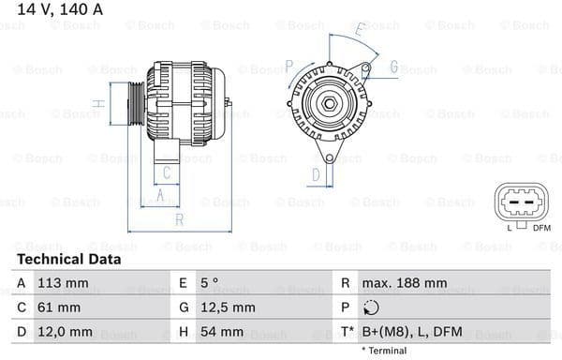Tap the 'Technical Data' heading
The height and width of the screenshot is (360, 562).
[x=68, y=260]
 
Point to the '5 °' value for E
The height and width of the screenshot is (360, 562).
[x=211, y=282]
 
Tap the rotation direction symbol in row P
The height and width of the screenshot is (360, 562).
[x=372, y=307]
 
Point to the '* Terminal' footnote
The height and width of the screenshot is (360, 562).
[x=383, y=350]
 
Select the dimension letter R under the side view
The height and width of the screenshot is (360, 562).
[x=180, y=219]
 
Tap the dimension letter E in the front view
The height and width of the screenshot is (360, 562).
[x=360, y=34]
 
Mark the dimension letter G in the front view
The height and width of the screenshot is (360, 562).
[x=394, y=67]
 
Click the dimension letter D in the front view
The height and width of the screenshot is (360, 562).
[x=317, y=173]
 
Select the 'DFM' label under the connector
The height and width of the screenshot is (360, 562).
[x=541, y=228]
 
